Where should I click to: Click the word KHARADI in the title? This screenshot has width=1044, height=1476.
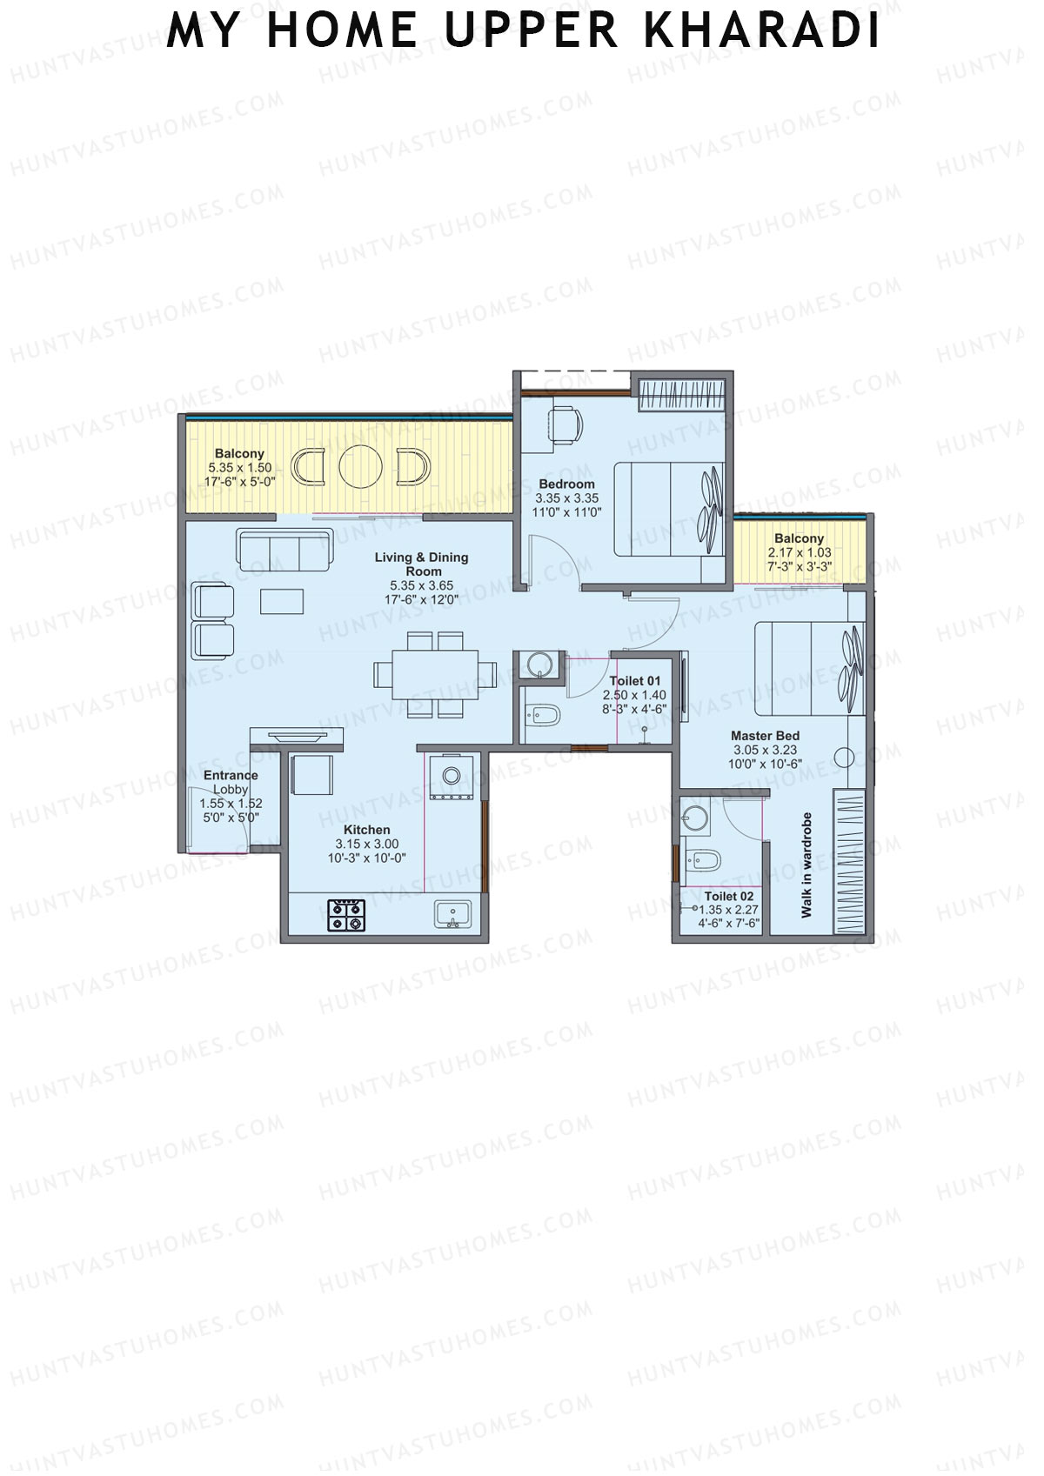click(762, 31)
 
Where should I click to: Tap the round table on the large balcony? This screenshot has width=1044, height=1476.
click(360, 467)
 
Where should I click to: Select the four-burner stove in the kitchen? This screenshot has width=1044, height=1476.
click(345, 915)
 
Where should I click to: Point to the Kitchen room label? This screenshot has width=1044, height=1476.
click(366, 830)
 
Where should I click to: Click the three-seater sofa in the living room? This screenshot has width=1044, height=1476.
click(284, 551)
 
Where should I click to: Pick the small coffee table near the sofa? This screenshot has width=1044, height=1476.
click(283, 601)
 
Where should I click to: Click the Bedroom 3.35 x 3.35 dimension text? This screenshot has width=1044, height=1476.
click(566, 498)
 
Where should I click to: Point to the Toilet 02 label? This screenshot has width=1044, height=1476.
click(729, 896)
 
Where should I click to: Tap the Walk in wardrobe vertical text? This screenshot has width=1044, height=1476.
click(806, 865)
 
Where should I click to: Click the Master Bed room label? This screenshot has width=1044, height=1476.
click(765, 736)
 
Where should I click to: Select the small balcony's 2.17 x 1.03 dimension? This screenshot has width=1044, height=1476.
click(799, 552)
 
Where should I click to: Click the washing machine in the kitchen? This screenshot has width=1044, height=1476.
click(451, 776)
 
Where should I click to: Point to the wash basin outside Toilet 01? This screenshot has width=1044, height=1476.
click(537, 665)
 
